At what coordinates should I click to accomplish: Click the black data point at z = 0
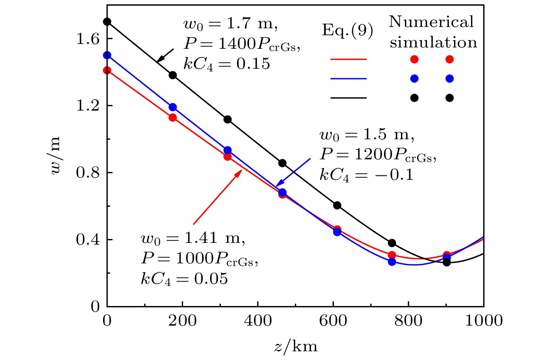[107, 22]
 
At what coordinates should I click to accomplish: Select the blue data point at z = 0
[107, 55]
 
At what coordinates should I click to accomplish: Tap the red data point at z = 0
[107, 70]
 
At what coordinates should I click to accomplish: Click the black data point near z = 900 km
[447, 262]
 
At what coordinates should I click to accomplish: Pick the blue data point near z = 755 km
[392, 262]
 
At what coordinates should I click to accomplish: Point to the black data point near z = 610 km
[337, 205]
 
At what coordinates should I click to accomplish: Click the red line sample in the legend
[348, 59]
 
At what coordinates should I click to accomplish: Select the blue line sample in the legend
[348, 79]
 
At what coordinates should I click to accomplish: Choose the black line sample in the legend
[348, 98]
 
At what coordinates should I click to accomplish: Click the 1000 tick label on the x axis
[483, 322]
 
